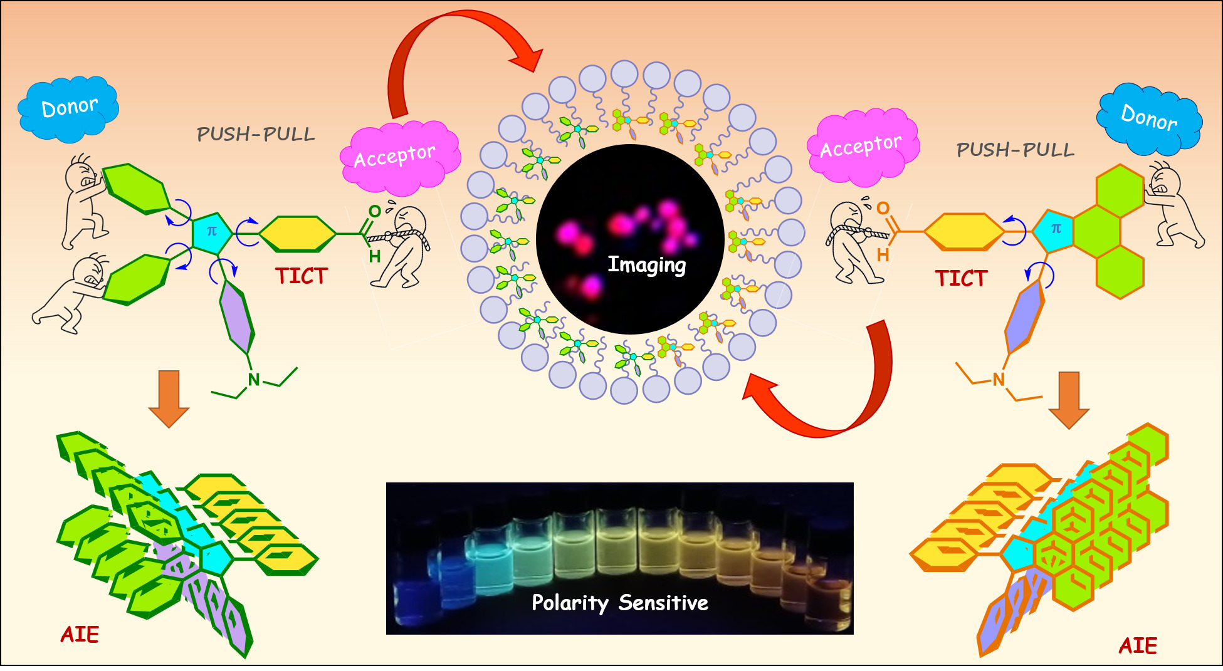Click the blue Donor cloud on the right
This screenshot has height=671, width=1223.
pos(1149,120)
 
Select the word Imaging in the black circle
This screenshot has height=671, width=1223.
pos(647,265)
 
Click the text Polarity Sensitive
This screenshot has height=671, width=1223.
pos(620,603)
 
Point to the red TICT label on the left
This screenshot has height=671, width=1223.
pos(302,276)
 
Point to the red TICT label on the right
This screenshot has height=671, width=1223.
pos(961,278)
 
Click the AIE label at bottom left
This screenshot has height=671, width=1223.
pos(80,635)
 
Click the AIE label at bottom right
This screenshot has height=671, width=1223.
pos(1138,645)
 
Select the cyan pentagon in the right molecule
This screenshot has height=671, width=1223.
pos(1054,231)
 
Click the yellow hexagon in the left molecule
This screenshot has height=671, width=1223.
pos(298,234)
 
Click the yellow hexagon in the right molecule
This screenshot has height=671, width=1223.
pos(964,232)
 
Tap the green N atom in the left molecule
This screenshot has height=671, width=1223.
pos(254,380)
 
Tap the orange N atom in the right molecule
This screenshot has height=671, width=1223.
pos(999,379)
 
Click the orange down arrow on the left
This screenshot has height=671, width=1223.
pos(169,399)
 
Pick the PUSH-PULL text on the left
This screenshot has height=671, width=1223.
pos(256,134)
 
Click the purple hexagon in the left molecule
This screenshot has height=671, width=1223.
pos(237,318)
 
